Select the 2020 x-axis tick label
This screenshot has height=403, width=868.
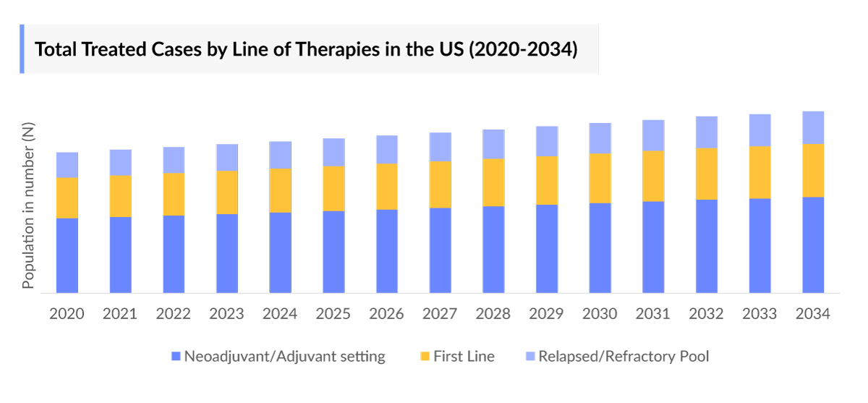click(67, 314)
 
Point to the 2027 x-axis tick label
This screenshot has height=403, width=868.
click(440, 314)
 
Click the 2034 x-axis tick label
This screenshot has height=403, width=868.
click(812, 314)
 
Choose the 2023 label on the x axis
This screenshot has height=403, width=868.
click(226, 314)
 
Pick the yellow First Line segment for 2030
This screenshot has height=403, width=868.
click(600, 178)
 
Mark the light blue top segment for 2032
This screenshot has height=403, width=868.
click(707, 132)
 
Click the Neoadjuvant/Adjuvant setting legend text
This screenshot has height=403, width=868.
click(284, 356)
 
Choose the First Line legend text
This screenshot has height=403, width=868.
click(464, 356)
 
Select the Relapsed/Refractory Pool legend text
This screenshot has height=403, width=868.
click(624, 356)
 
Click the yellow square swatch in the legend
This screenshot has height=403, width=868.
click(424, 357)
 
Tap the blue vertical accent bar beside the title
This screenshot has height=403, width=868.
click(22, 49)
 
